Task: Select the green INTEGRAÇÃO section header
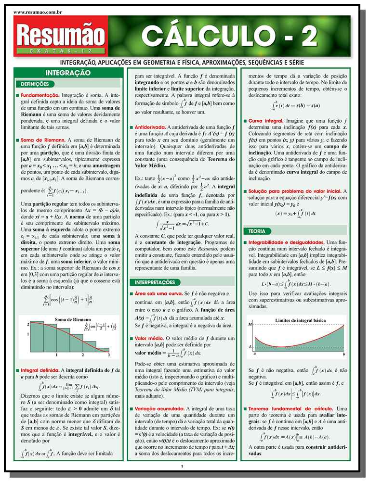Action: click(x=68, y=73)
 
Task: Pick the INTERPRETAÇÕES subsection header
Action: click(x=155, y=282)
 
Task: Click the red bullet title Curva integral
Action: click(x=265, y=120)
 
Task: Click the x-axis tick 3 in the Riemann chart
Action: click(x=108, y=355)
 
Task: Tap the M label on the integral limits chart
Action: click(x=250, y=325)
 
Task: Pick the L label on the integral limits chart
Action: click(x=250, y=346)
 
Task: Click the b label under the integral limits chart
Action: click(x=344, y=354)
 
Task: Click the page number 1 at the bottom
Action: click(x=182, y=466)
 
